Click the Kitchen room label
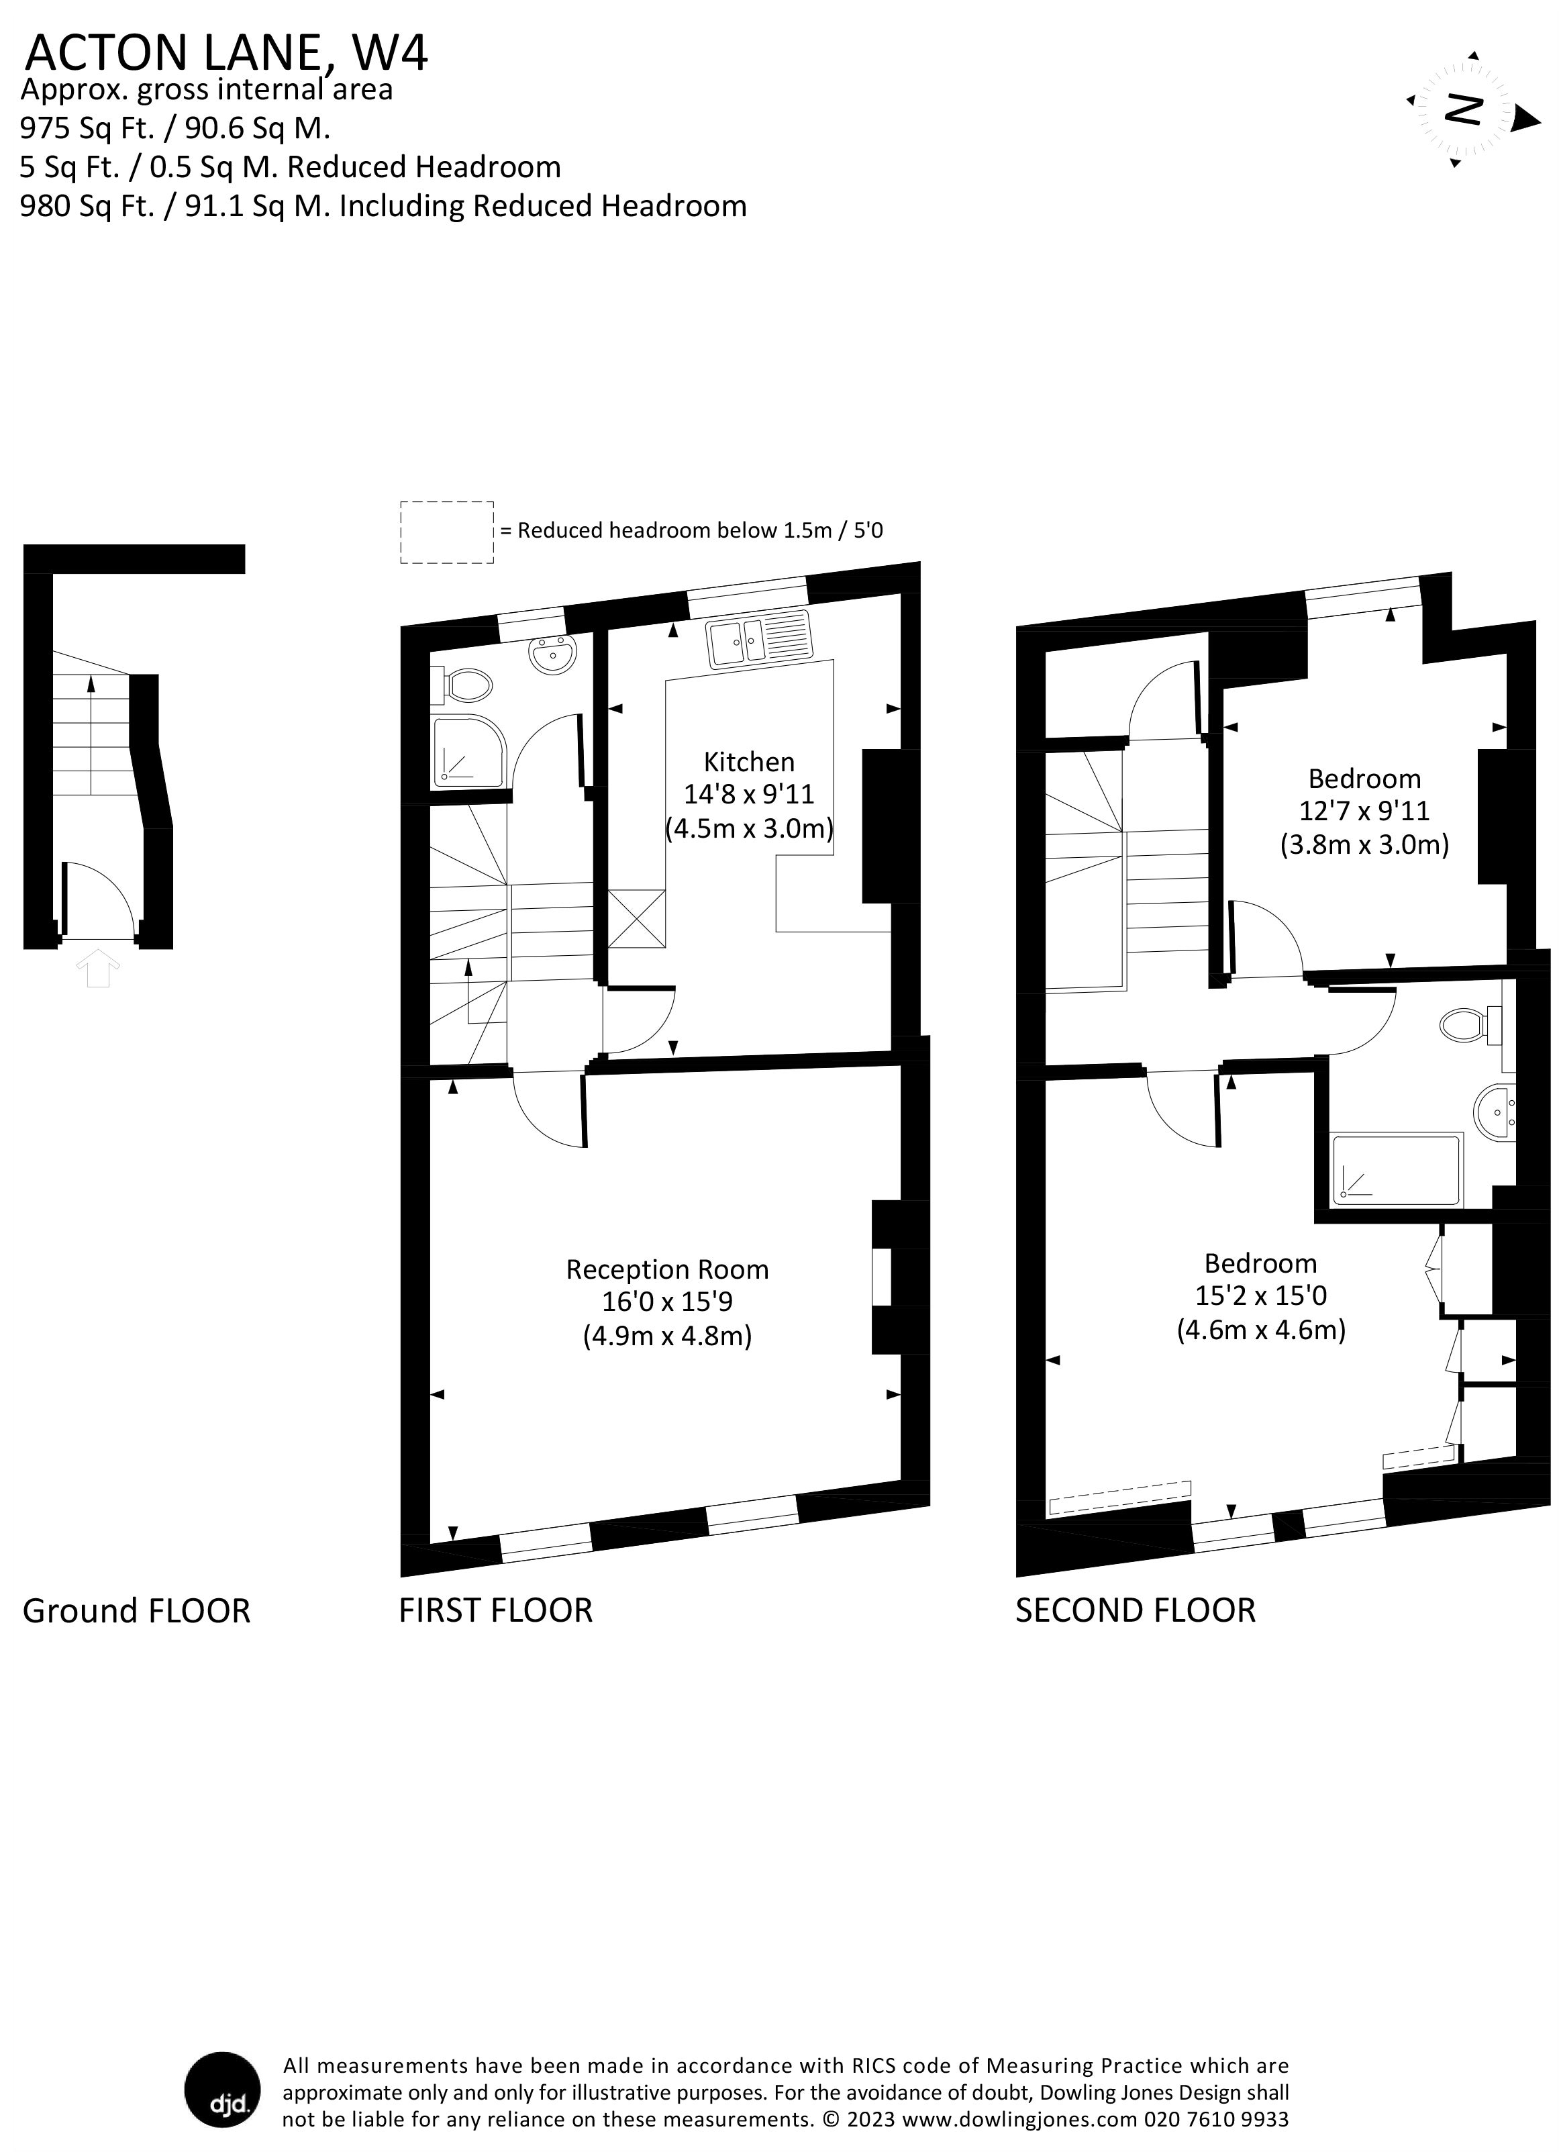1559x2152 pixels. click(x=749, y=762)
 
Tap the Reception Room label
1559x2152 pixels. click(x=667, y=1269)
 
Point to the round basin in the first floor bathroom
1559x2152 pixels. click(x=552, y=654)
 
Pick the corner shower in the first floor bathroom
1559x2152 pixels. click(x=470, y=752)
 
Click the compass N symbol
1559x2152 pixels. click(x=1463, y=110)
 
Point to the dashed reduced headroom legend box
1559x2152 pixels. click(x=447, y=532)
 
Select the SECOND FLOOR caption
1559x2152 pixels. click(x=1135, y=1610)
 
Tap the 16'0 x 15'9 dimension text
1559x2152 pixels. click(x=667, y=1302)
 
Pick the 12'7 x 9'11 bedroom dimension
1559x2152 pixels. click(x=1364, y=812)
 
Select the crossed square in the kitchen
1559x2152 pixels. click(x=636, y=918)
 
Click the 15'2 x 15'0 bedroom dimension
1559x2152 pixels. click(x=1261, y=1295)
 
